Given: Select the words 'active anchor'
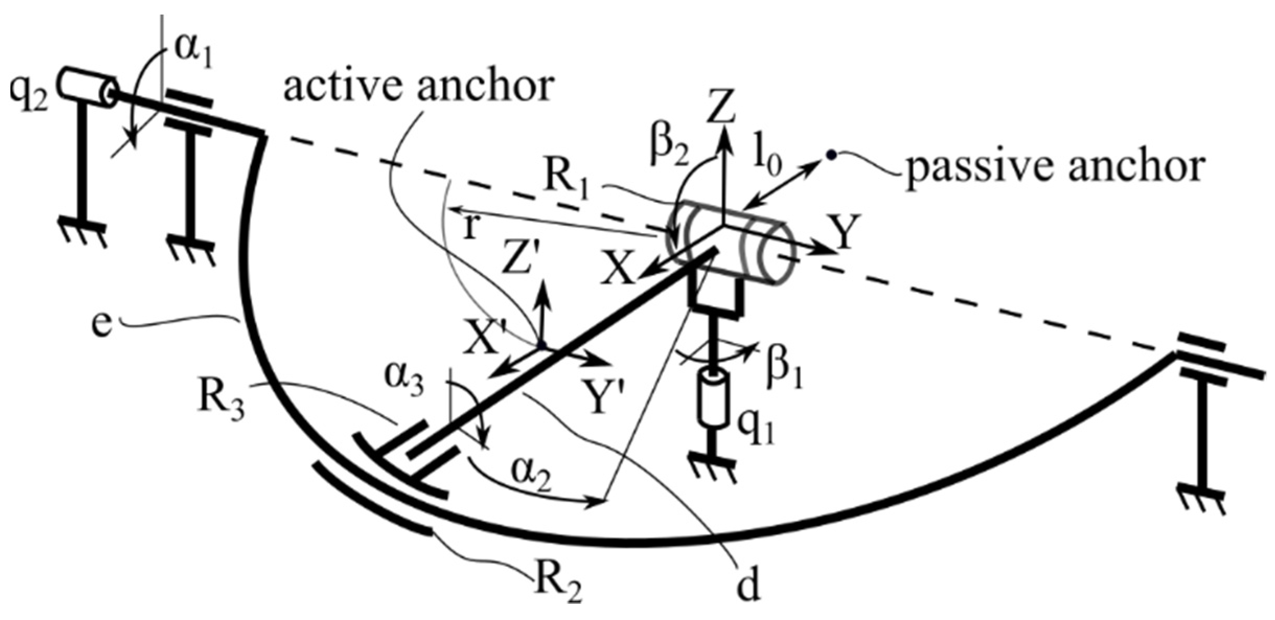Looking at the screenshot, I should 418,86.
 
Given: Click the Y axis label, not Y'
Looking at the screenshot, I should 843,233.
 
